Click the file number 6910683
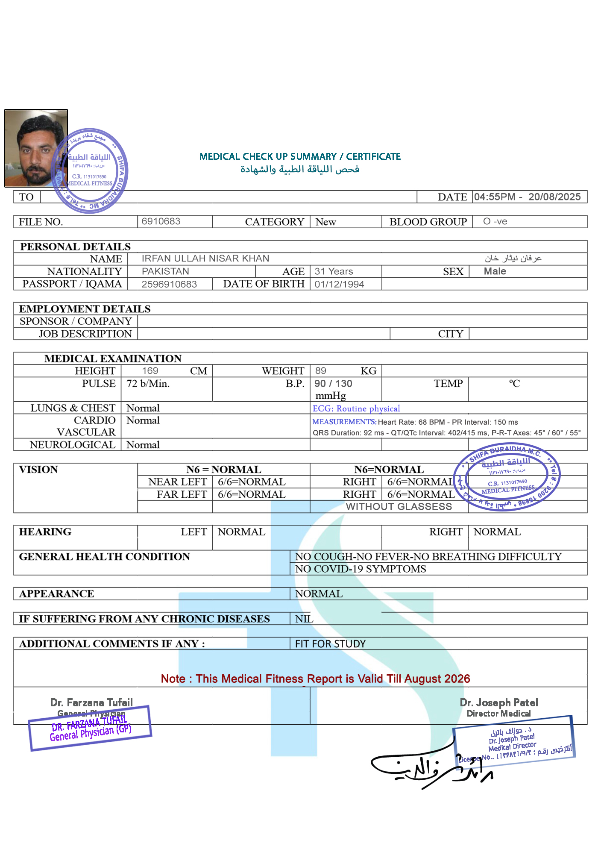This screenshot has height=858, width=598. coord(161,221)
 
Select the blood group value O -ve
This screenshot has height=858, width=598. coord(495,221)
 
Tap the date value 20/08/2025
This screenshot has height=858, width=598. coord(554,197)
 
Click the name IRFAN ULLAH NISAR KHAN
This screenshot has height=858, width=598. coord(205,259)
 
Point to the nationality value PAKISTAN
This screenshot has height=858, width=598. coord(165,271)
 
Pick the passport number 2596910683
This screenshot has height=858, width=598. coord(169,284)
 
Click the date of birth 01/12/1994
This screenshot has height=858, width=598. coord(339,284)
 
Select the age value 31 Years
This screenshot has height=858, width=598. coord(334,271)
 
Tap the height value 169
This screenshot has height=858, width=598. coord(150,371)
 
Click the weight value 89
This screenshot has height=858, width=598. coord(321,371)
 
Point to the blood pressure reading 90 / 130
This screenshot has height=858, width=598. coord(333,384)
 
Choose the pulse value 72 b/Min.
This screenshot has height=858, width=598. coord(148,384)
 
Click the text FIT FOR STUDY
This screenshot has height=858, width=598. coord(330,644)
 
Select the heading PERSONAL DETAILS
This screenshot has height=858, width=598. coord(76,247)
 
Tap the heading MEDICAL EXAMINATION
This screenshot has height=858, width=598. coord(113,358)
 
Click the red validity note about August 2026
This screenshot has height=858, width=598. coord(315,679)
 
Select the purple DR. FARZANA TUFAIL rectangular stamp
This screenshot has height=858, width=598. coord(90,728)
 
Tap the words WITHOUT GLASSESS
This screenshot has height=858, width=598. coord(399,507)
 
